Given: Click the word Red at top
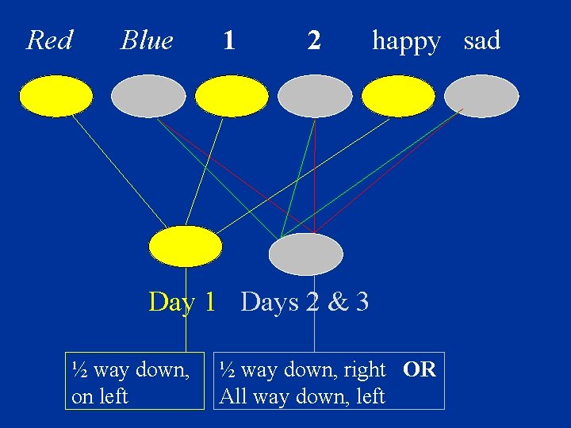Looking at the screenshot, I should point(49,40).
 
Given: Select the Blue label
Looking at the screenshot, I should point(147,40).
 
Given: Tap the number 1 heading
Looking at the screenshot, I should point(228,40).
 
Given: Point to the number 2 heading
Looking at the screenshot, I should point(314,40).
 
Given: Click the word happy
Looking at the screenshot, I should point(406,40).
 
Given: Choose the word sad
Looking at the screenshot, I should point(481,40).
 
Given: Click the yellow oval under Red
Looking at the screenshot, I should point(56,96).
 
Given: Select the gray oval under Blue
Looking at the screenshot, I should point(148,96).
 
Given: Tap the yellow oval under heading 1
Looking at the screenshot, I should point(232,96).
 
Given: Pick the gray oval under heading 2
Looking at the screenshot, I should point(315,96).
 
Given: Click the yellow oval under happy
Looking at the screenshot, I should point(398,96).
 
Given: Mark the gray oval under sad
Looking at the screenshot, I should point(481,96).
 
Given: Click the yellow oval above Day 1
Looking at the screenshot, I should point(186,246).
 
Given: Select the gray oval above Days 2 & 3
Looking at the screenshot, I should point(306,254).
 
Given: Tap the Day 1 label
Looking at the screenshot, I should point(182,302).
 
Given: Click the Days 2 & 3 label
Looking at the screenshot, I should point(305,302).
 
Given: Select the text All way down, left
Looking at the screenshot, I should point(302,396).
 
